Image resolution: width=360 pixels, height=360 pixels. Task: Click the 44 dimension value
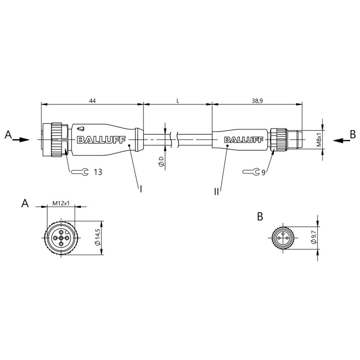tap(92, 100)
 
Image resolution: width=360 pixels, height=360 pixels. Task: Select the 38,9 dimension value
tap(257, 100)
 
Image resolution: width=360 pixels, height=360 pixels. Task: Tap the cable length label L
tap(178, 100)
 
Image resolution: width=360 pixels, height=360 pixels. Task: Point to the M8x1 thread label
tap(319, 139)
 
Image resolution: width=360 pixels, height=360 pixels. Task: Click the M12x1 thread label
tap(61, 203)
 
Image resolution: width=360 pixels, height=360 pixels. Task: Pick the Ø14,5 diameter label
tap(98, 238)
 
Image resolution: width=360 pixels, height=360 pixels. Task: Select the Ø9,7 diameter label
tap(314, 238)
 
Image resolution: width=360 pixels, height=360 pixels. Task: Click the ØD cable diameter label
tap(161, 161)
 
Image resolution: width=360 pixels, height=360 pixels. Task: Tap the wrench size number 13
tap(98, 172)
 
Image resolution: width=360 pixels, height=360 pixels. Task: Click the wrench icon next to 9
tap(251, 171)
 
